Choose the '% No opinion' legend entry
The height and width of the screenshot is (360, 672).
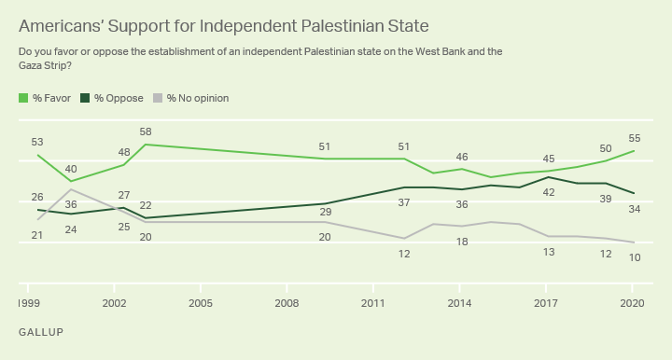[x=191, y=98]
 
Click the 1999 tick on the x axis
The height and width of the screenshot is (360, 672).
[x=29, y=304]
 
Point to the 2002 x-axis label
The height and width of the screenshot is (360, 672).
[x=115, y=304]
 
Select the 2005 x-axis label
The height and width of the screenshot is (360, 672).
[x=201, y=304]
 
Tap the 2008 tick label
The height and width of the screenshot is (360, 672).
[x=287, y=304]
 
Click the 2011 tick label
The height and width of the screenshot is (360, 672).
[x=373, y=304]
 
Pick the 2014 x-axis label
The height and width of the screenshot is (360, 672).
[x=459, y=304]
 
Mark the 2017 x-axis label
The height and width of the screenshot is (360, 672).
[x=546, y=304]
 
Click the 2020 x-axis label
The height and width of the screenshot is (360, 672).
[x=632, y=304]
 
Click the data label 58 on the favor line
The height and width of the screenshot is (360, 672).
[x=146, y=132]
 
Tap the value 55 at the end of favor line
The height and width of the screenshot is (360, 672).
[x=633, y=137]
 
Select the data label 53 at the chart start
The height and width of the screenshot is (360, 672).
[x=37, y=142]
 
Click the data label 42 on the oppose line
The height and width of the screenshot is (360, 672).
[x=548, y=192]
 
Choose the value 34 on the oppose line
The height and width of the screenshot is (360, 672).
[x=633, y=209]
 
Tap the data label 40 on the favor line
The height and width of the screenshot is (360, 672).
[x=71, y=169]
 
